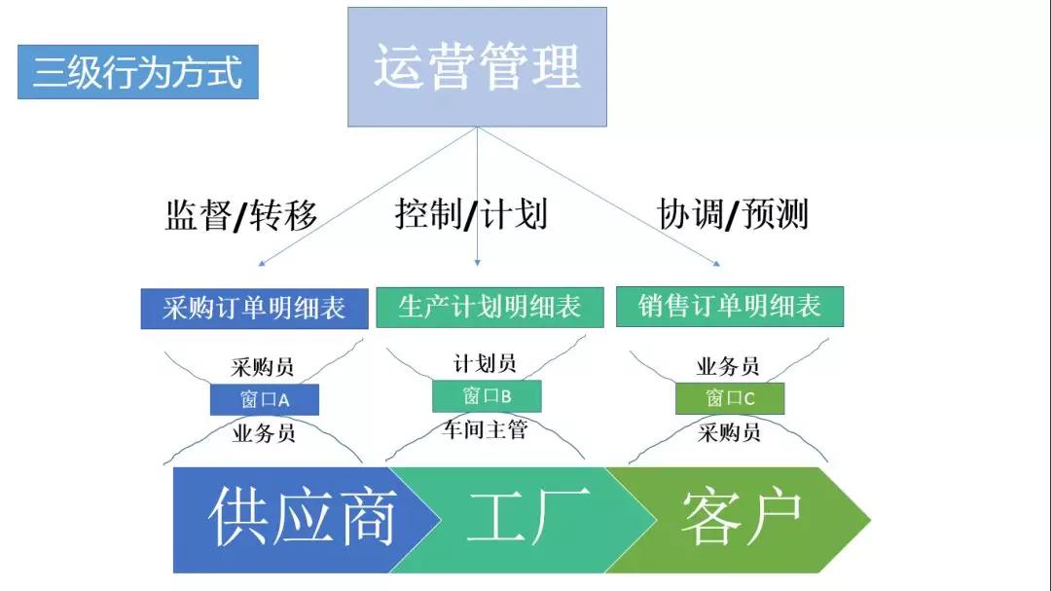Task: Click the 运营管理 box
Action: (x=477, y=67)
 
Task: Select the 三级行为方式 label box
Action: (x=137, y=72)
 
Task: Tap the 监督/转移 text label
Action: (x=241, y=214)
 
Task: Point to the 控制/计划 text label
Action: (x=471, y=213)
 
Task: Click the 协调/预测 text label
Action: (x=733, y=214)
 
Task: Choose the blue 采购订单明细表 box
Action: (x=255, y=309)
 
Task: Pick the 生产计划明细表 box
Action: (x=489, y=307)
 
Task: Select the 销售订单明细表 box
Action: (x=730, y=307)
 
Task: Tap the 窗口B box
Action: (x=487, y=395)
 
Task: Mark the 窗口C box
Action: (x=730, y=398)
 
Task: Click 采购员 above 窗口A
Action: (x=263, y=367)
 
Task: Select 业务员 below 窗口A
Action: (x=264, y=433)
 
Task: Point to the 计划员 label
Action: (x=485, y=363)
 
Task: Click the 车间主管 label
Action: (x=485, y=428)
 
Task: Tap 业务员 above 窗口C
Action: (x=728, y=366)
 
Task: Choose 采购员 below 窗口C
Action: (x=729, y=432)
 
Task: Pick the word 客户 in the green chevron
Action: (x=742, y=518)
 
